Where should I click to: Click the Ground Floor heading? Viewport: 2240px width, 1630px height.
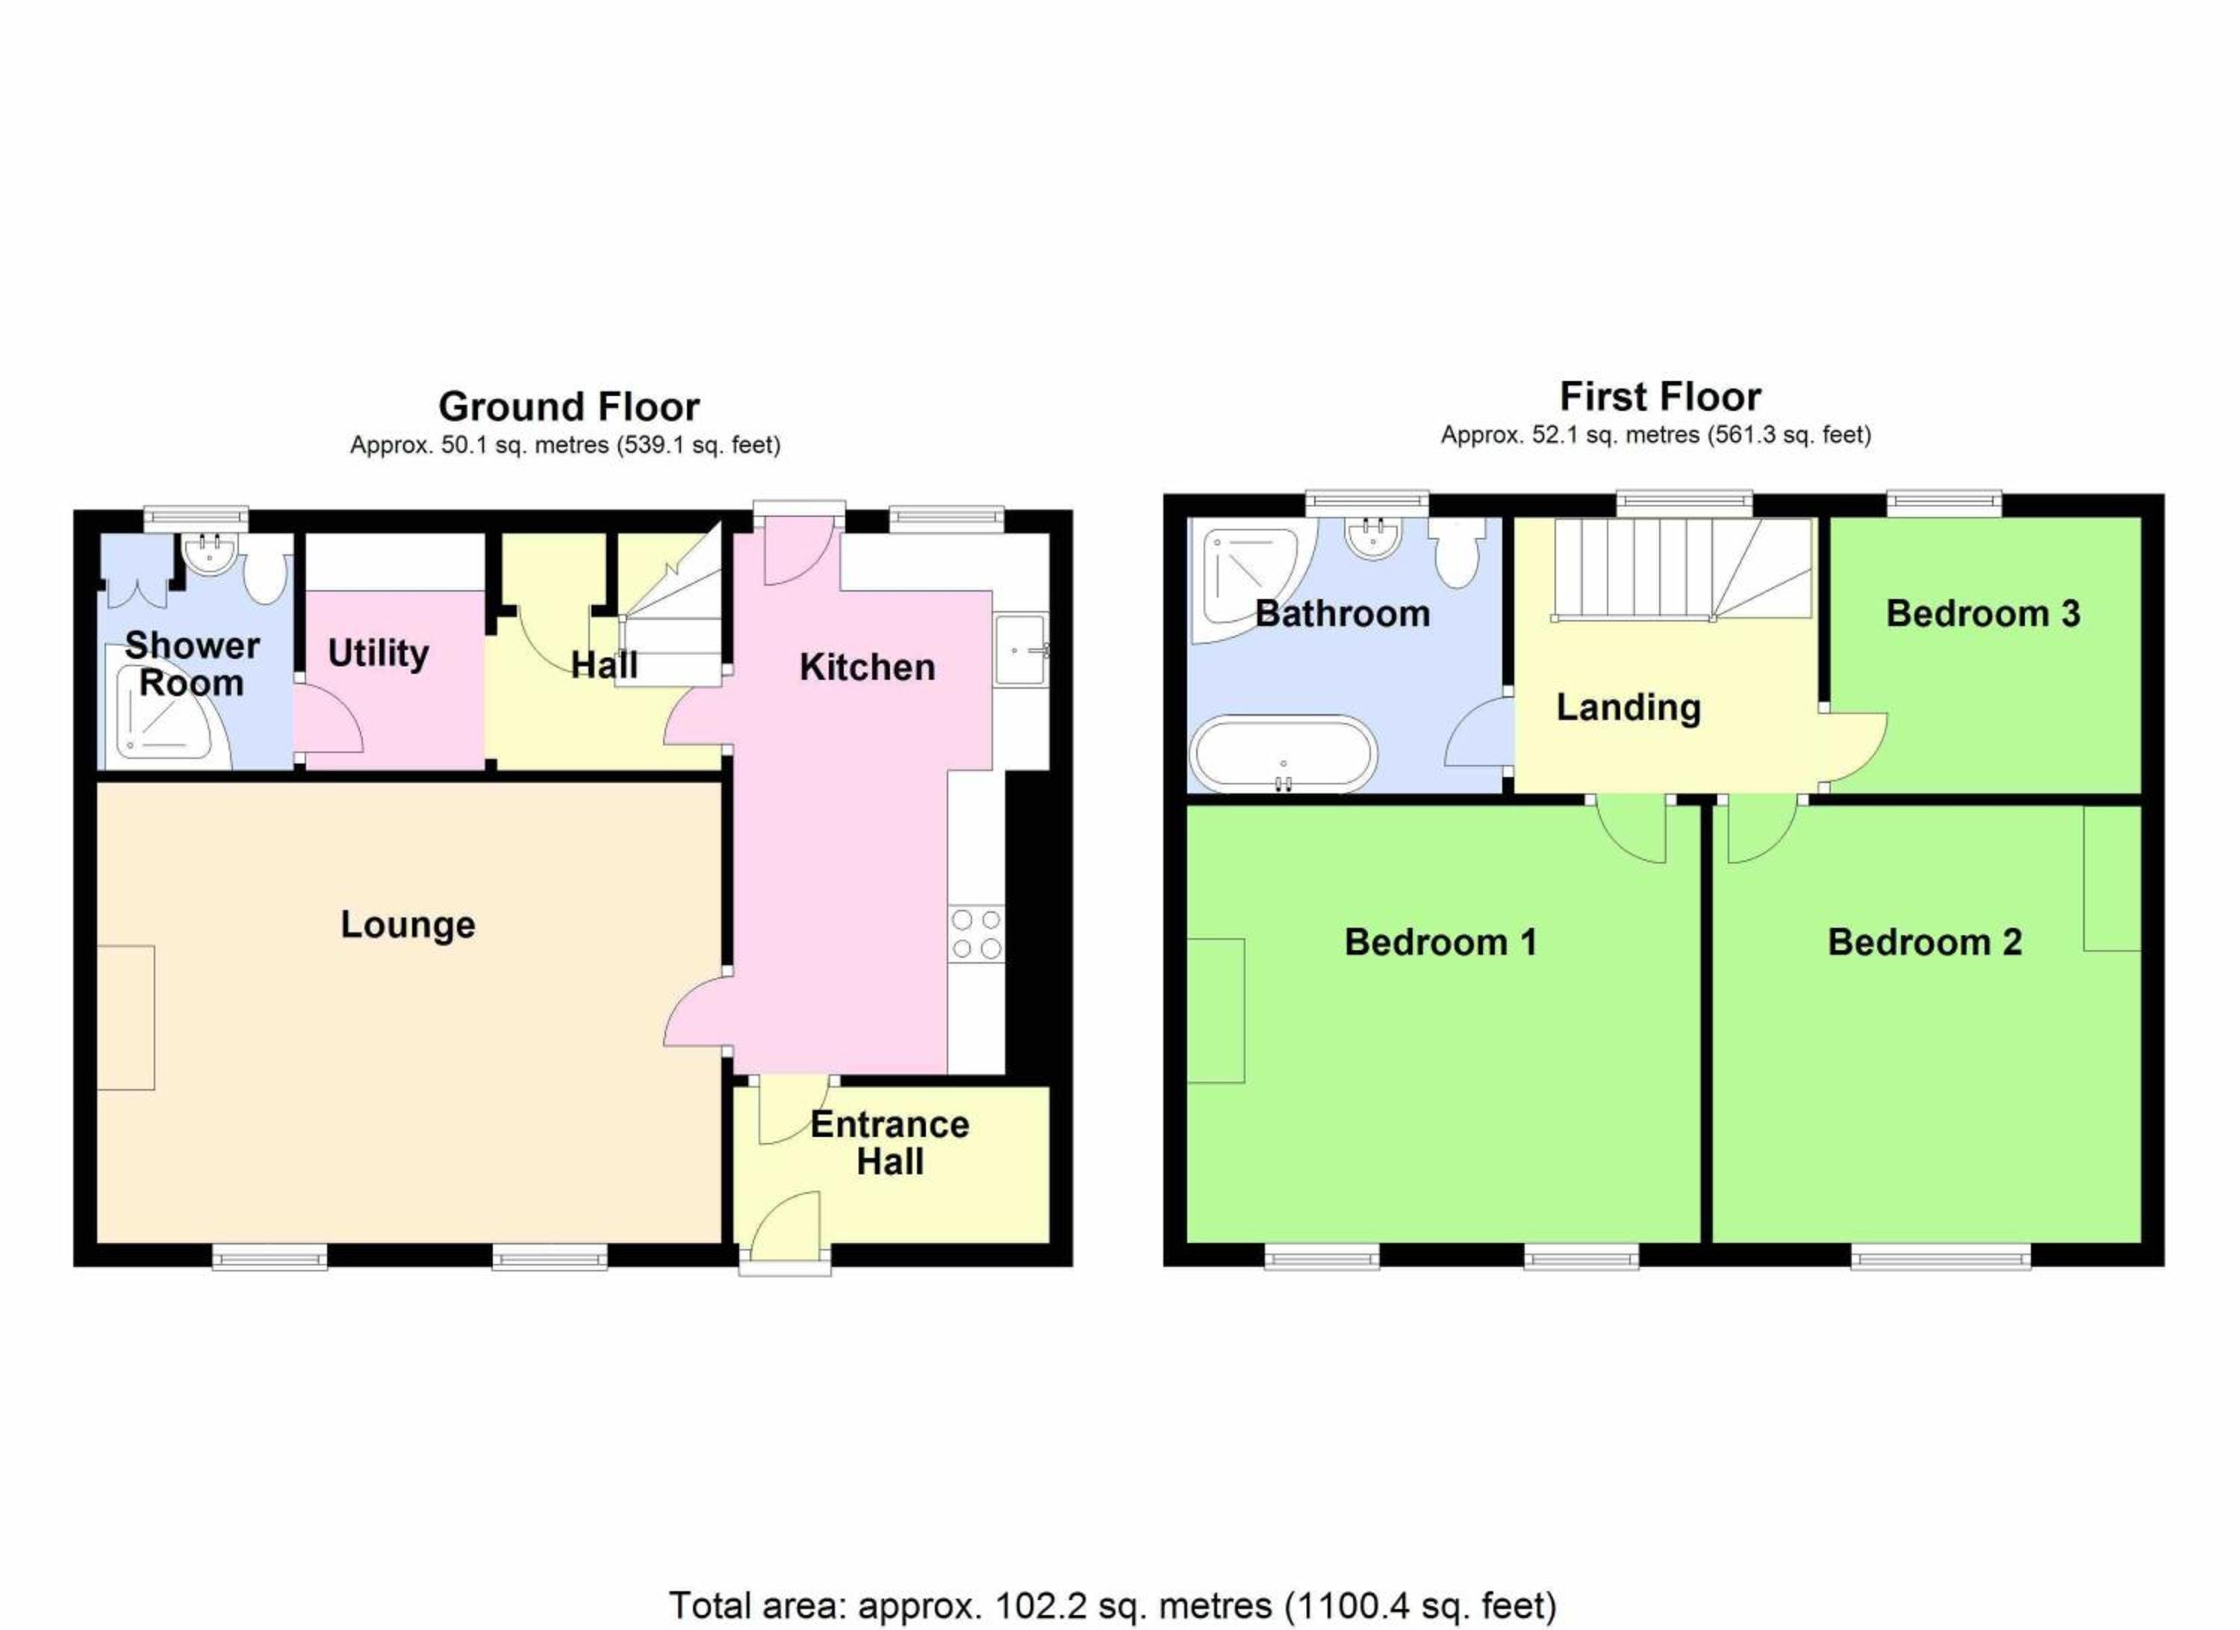[x=569, y=407]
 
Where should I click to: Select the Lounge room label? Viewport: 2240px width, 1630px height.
[x=408, y=926]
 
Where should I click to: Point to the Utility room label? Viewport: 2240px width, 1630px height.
[x=379, y=654]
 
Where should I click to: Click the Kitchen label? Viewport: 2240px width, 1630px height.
[x=867, y=668]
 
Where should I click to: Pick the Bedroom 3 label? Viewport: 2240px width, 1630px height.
[x=1983, y=613]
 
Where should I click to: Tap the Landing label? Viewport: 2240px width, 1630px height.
[x=1628, y=708]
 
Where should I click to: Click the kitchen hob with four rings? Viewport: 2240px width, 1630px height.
[x=976, y=935]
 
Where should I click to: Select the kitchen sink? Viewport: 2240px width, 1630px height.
[x=1021, y=649]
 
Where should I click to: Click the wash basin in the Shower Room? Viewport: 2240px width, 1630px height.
[x=208, y=554]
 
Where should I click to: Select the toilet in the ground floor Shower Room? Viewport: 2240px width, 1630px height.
[x=267, y=577]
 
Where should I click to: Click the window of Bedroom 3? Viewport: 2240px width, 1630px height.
[x=1944, y=503]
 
